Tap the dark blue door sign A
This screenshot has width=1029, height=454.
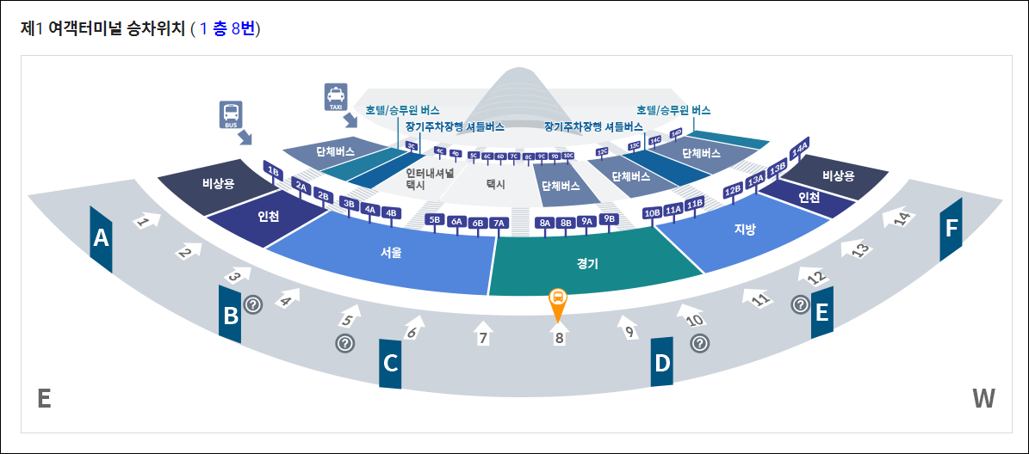point(102,238)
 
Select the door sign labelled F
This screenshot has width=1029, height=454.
point(951,229)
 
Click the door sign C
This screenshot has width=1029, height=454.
point(390,364)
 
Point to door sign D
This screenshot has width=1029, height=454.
point(661,363)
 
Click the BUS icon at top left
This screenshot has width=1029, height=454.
point(231,113)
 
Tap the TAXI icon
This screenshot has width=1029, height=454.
point(335,96)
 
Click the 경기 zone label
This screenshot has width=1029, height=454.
point(588,264)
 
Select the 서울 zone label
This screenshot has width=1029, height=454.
point(392,253)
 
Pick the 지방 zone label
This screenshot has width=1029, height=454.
point(744,229)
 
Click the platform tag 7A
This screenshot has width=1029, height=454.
point(499,223)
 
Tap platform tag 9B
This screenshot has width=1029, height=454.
point(610,218)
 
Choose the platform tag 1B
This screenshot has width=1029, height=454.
point(274,170)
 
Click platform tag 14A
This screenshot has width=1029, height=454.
point(800,148)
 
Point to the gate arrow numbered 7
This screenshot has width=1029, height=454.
point(483,332)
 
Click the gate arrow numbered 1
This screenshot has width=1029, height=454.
point(146,221)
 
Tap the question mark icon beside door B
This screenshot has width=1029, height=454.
point(252,304)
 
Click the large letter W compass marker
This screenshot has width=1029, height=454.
point(983,398)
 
